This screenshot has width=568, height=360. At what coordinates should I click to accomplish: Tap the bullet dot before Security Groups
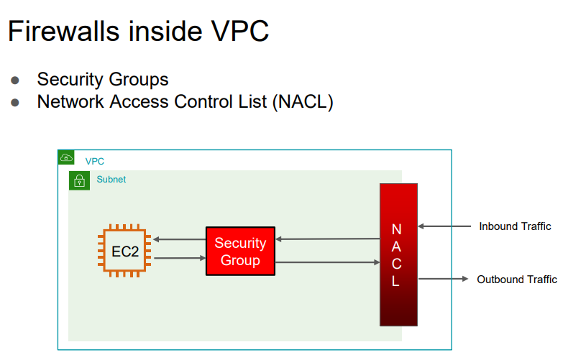[15, 80]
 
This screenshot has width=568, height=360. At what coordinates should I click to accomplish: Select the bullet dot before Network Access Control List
[15, 102]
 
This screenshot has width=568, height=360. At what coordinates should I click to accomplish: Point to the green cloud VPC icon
[66, 158]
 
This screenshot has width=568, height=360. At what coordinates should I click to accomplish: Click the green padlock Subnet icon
[79, 180]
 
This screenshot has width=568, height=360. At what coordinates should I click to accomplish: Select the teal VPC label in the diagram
[94, 162]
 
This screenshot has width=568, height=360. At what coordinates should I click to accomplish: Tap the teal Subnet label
[111, 180]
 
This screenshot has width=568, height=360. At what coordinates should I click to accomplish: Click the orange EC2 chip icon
[124, 251]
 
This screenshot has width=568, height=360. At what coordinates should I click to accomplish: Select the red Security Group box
[240, 251]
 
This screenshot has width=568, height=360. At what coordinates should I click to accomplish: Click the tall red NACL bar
[398, 254]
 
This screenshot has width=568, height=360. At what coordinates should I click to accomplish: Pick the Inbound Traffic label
[515, 226]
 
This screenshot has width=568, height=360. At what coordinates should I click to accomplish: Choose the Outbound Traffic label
[516, 280]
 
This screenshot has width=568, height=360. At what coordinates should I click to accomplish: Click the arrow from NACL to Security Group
[328, 239]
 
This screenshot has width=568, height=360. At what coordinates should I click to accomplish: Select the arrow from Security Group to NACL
[328, 263]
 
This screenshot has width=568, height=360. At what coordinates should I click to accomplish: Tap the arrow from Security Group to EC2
[179, 240]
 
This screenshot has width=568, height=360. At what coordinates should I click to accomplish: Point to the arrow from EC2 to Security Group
[179, 258]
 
